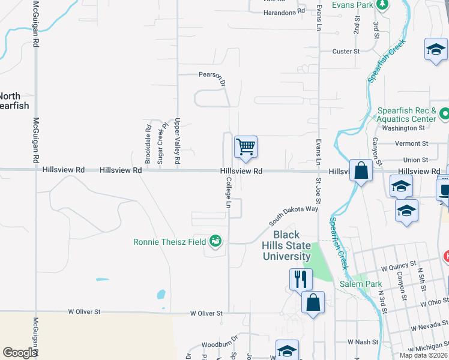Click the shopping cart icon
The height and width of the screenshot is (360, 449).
246,146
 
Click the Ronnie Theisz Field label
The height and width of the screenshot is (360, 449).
170,242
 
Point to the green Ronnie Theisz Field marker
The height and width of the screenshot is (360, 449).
215,242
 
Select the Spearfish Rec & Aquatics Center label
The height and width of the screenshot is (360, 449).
406,115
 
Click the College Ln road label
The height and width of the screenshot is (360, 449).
229,196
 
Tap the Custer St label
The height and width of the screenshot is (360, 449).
346,52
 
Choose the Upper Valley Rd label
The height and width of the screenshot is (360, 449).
177,141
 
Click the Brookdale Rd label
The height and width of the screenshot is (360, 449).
148,144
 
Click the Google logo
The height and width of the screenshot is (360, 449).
20,353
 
